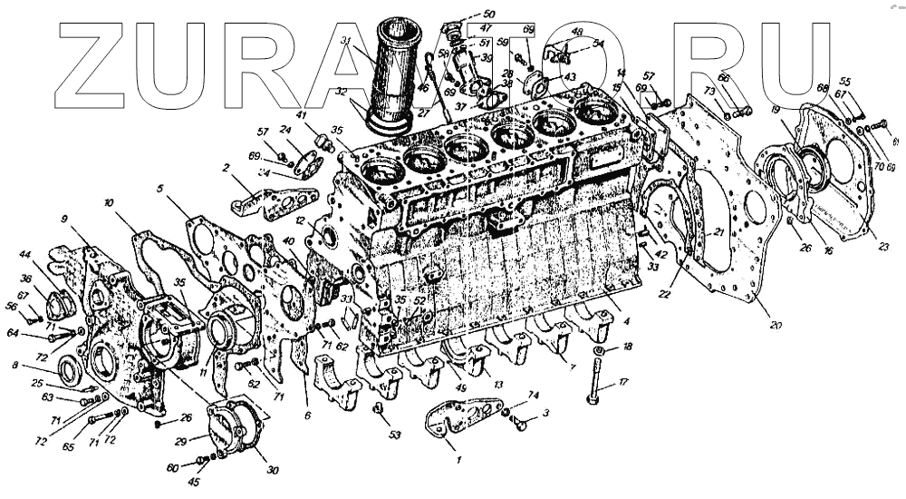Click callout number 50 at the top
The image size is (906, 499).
[x=489, y=14]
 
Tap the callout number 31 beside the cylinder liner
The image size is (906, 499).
[x=346, y=40]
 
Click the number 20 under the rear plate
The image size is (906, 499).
[x=776, y=324]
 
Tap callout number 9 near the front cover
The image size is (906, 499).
[x=64, y=219]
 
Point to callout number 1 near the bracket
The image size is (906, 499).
[x=459, y=460]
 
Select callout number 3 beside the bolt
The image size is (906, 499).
[x=545, y=414]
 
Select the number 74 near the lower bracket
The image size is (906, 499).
[x=534, y=396]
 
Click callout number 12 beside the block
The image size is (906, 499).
[x=298, y=220]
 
